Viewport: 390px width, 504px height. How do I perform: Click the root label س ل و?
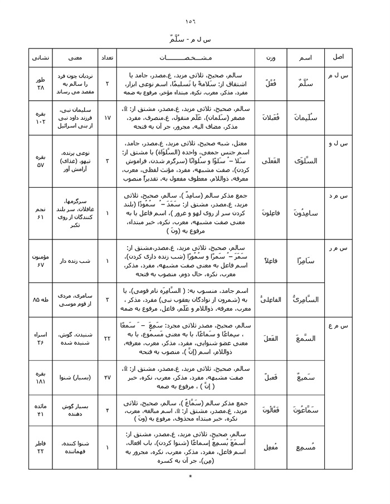[338, 144]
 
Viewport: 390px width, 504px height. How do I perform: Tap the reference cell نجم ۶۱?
[40, 214]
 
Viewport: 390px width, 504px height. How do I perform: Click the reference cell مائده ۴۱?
[40, 409]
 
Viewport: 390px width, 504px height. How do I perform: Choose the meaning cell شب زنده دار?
[73, 261]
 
